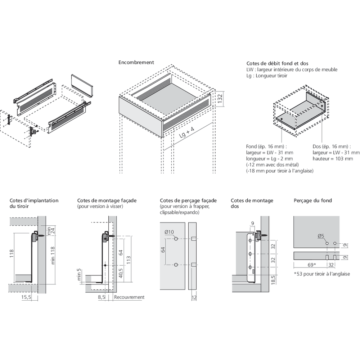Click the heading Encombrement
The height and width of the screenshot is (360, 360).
pyautogui.click(x=136, y=62)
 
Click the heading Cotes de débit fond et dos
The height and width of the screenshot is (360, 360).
pyautogui.click(x=277, y=63)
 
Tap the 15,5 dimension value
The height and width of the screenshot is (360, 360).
pyautogui.click(x=26, y=297)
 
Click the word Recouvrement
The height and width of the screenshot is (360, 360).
pyautogui.click(x=129, y=297)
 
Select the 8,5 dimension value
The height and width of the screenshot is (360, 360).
pyautogui.click(x=101, y=297)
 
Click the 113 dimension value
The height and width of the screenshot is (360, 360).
pyautogui.click(x=129, y=260)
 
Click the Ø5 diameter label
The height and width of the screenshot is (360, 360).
pyautogui.click(x=321, y=236)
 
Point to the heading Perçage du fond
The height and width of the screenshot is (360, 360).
pyautogui.click(x=312, y=201)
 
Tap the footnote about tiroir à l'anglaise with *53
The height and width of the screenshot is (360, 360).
pyautogui.click(x=321, y=274)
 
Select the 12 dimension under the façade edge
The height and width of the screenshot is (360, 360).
pyautogui.click(x=194, y=297)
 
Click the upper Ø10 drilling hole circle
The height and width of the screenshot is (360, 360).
pyautogui.click(x=176, y=239)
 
